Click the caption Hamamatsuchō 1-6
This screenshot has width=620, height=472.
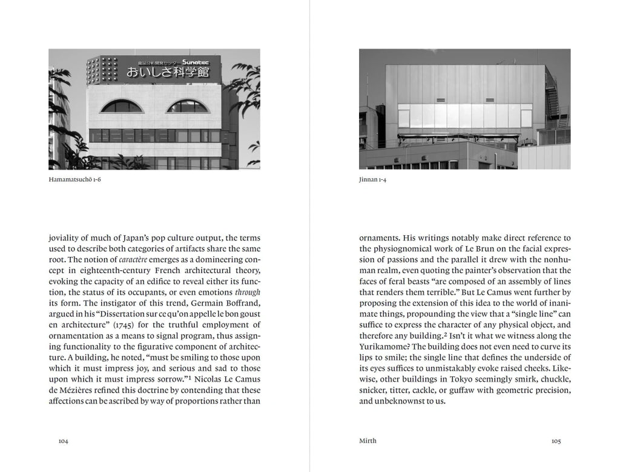click(74, 180)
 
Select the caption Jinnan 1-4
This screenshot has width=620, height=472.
click(372, 180)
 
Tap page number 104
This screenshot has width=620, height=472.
click(63, 441)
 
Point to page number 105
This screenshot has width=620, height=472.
click(556, 441)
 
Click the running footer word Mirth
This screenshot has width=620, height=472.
click(368, 441)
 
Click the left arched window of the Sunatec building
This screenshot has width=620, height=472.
click(121, 107)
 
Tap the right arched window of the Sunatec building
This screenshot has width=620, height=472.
click(188, 107)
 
